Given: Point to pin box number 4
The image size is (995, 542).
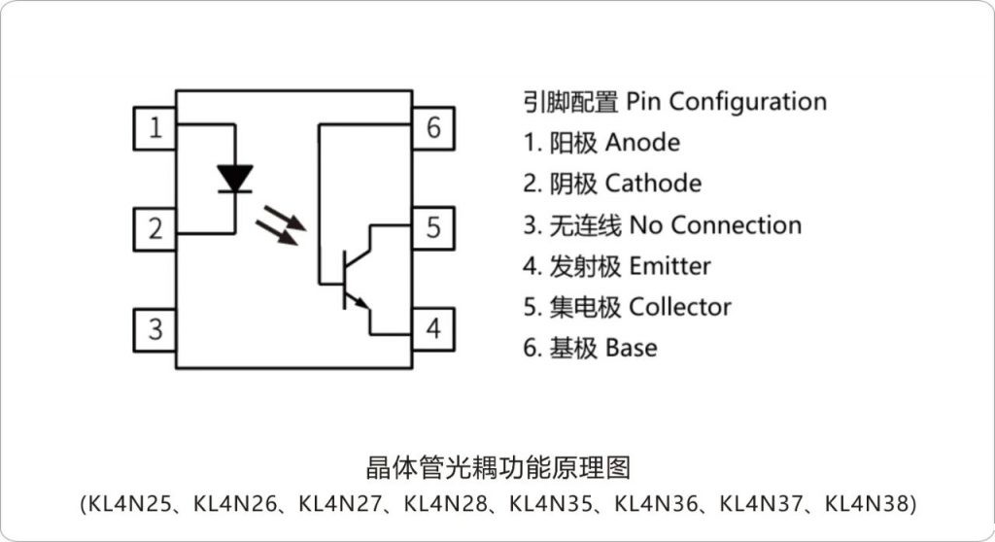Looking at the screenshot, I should [433, 328].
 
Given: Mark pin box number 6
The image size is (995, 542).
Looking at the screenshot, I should [433, 127].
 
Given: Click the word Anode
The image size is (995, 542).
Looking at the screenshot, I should [642, 143].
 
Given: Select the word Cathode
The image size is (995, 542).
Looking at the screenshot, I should [653, 184].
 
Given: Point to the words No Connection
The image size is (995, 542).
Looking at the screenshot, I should [715, 225].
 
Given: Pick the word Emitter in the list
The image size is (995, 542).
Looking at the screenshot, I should [669, 266].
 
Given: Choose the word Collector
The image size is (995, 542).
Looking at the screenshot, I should [680, 307].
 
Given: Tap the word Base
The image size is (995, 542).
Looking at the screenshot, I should [631, 348].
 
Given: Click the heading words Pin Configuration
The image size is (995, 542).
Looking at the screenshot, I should [726, 101].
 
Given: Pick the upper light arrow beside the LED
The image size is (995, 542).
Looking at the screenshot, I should [289, 214].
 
